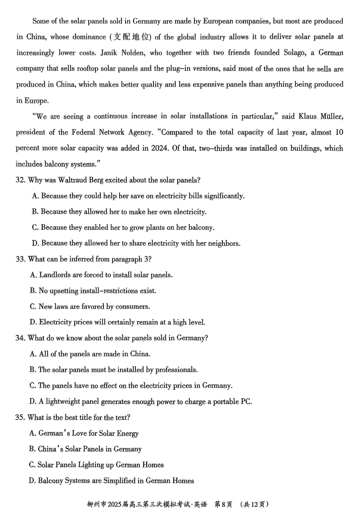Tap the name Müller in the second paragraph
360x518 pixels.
(332, 117)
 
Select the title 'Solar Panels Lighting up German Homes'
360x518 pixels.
(96, 465)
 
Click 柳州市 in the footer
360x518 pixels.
(97, 504)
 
